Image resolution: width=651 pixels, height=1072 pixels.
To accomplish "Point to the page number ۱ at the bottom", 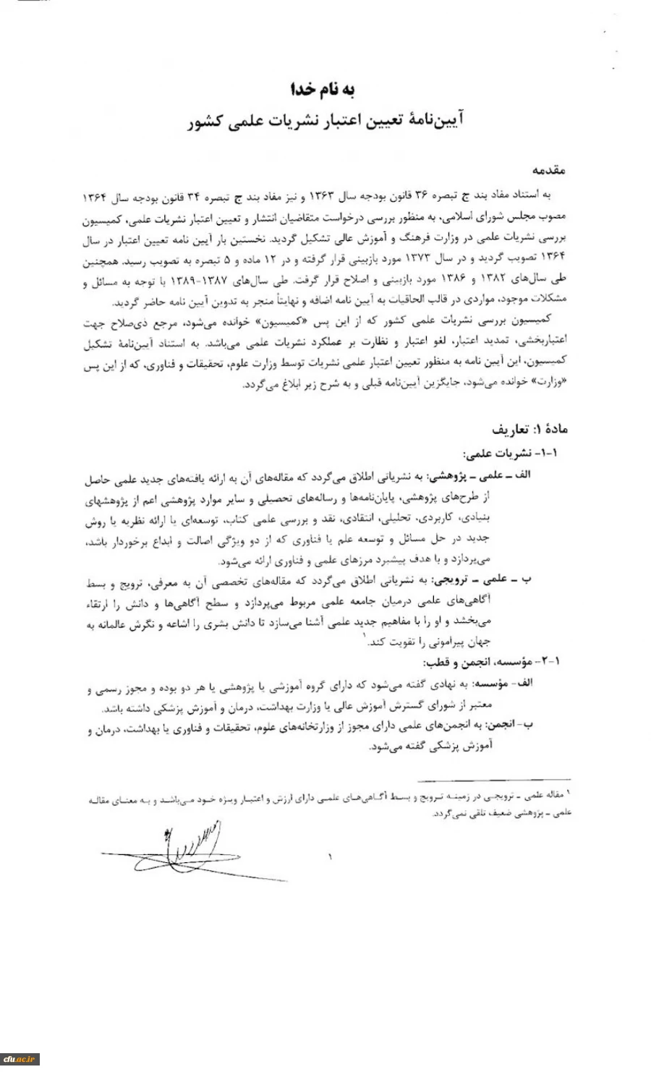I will pos(331,858).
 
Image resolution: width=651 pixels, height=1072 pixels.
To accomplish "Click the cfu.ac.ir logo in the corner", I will pos(20,1060).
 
